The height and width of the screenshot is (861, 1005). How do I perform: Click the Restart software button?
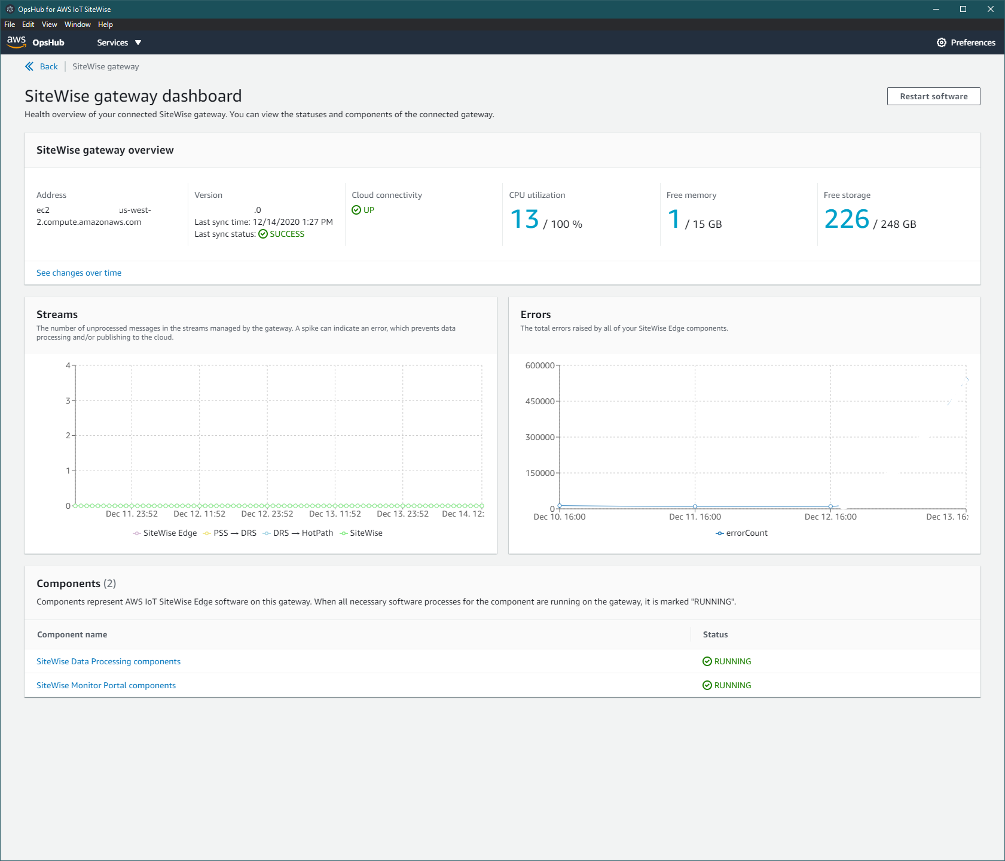933,96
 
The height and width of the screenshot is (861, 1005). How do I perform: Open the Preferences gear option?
966,42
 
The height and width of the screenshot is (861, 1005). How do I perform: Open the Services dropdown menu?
119,42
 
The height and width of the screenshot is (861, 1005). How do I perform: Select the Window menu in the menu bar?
77,25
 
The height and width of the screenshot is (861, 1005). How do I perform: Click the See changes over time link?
79,273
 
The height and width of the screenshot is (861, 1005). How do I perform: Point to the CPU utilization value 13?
524,219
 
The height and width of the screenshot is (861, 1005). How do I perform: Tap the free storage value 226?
847,219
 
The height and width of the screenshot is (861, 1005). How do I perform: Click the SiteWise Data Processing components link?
108,661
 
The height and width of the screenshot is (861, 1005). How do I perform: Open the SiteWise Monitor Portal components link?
106,685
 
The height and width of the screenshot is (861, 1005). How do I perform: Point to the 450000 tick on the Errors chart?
540,401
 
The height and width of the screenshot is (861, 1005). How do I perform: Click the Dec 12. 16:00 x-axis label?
830,517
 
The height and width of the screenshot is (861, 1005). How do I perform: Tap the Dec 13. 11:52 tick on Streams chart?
335,514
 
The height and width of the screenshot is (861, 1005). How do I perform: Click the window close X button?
991,9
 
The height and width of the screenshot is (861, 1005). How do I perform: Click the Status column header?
715,634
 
